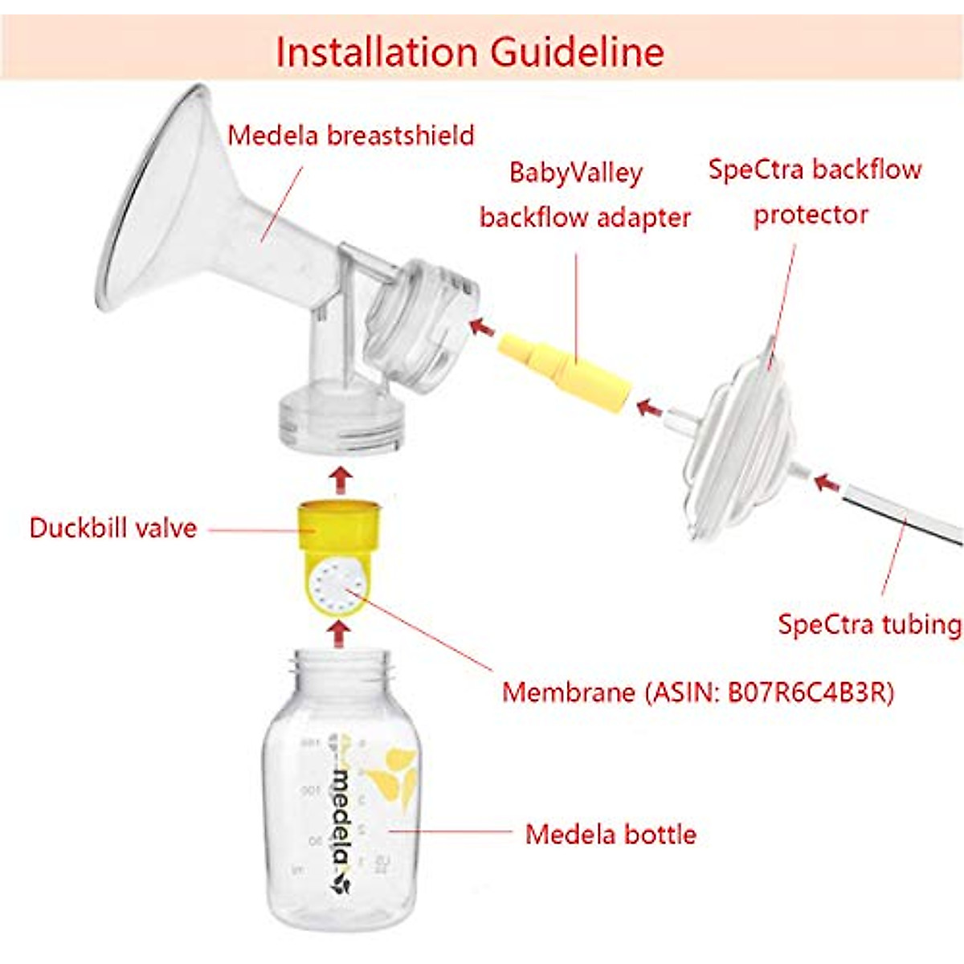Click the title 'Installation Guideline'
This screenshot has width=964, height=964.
(470, 51)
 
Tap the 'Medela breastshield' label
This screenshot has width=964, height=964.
(351, 135)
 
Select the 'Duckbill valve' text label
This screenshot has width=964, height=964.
(112, 528)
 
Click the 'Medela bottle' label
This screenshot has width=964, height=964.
(611, 834)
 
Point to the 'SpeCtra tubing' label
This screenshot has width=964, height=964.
(869, 624)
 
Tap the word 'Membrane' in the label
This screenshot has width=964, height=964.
(568, 692)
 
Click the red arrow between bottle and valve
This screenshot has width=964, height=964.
(341, 634)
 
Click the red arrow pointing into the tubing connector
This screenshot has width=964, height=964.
(825, 484)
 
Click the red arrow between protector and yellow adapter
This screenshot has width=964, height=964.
(649, 408)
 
